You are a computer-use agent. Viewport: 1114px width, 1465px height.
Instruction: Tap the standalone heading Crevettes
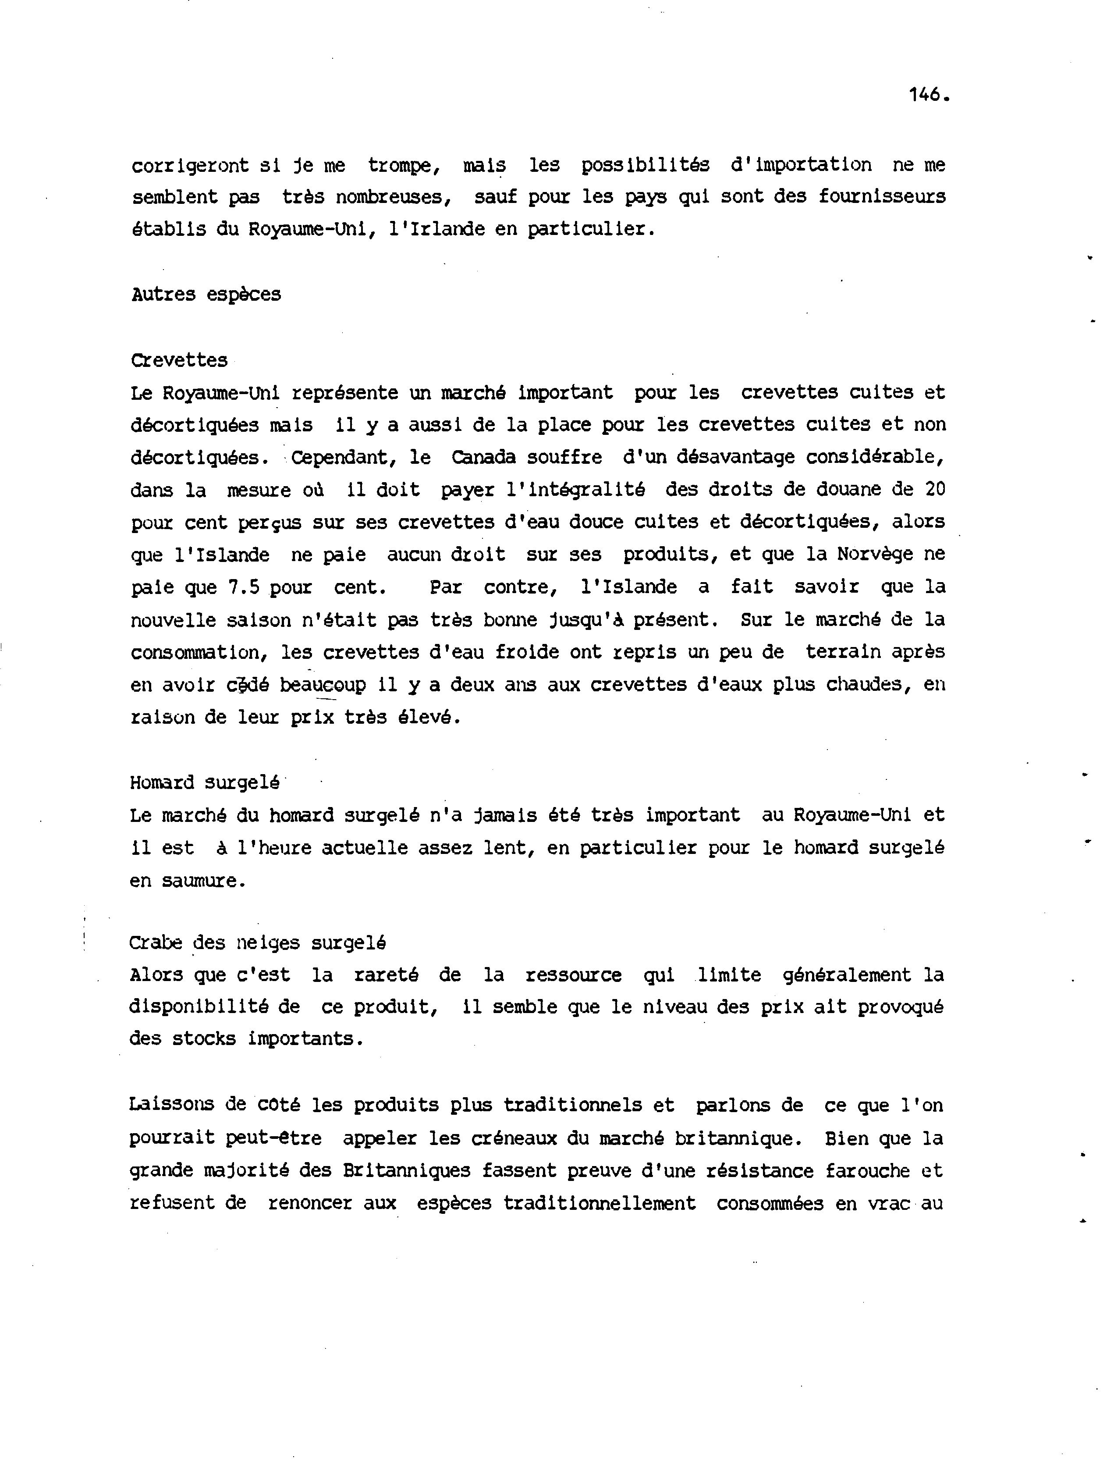coord(179,360)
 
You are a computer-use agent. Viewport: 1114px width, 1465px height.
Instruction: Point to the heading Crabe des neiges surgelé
coord(258,942)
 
